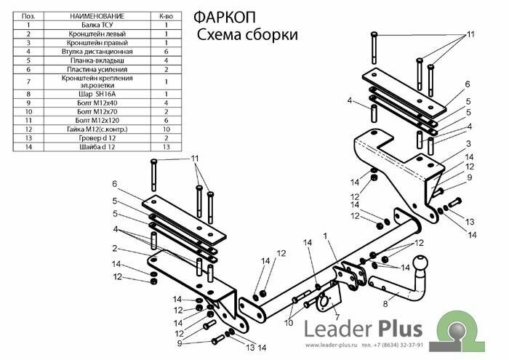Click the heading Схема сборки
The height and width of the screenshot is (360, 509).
tap(247, 34)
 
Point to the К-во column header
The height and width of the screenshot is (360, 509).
tap(166, 15)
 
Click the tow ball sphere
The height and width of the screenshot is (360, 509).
tap(422, 264)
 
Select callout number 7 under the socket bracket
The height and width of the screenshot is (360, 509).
tap(337, 317)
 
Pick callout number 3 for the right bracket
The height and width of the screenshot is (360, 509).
tap(469, 143)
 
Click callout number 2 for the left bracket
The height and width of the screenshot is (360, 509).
tap(115, 248)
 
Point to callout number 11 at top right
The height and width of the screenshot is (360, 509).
tap(470, 34)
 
